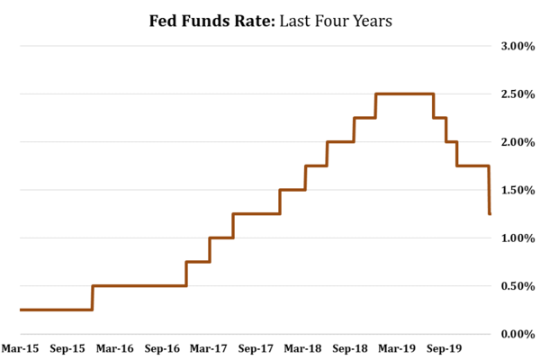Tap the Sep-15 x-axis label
pyautogui.click(x=67, y=347)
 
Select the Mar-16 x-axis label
pyautogui.click(x=115, y=347)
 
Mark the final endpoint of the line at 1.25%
pyautogui.click(x=490, y=214)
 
